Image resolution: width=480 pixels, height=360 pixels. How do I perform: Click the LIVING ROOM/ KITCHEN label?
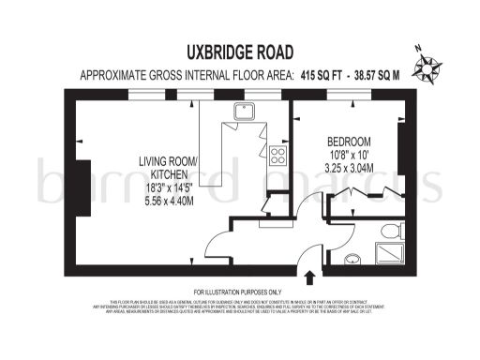169,168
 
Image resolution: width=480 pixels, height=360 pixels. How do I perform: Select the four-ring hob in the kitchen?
277,154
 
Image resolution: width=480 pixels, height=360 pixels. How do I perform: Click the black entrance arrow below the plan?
310,276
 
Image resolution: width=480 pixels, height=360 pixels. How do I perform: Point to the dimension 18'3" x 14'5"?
169,187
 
